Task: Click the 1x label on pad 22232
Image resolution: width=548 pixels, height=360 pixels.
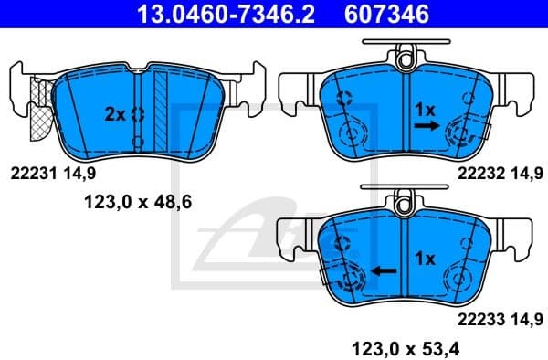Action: coord(425,108)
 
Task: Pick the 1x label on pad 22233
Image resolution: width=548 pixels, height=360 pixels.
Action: coord(422,258)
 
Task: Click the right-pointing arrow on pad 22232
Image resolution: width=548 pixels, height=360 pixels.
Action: coord(425,130)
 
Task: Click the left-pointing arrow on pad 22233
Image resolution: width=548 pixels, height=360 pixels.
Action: coord(385,271)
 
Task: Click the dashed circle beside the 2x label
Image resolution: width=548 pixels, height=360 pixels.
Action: coord(138,114)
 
